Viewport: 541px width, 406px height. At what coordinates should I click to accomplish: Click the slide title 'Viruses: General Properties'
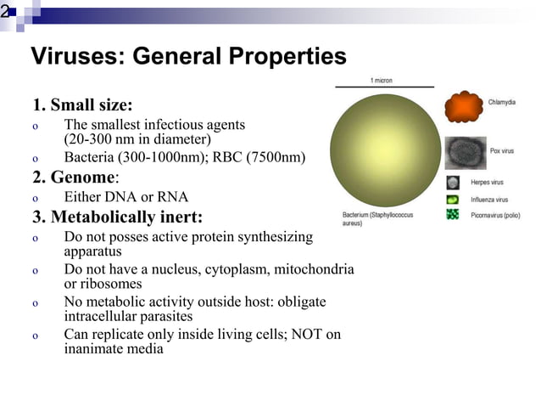pos(188,57)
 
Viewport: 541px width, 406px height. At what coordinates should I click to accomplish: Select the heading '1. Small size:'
pos(82,106)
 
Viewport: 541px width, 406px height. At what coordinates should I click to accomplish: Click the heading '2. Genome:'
pos(75,177)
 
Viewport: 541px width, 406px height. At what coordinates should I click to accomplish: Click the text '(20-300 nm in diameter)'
pos(137,138)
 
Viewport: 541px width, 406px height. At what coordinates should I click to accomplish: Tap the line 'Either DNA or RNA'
pos(125,196)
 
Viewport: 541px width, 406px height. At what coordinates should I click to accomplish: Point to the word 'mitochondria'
pos(314,269)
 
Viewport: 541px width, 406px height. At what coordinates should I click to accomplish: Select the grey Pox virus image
pos(466,153)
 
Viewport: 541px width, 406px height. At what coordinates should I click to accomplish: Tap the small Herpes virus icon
pos(453,183)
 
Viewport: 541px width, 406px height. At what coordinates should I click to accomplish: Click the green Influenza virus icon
pos(453,200)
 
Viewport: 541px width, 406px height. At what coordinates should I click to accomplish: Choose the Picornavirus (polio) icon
pos(453,215)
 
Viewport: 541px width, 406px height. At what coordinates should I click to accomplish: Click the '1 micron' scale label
pos(381,80)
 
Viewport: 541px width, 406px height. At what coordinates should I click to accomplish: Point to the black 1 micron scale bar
pos(384,87)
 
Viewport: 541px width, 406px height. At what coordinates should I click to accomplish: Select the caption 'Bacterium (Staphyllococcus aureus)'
pos(377,219)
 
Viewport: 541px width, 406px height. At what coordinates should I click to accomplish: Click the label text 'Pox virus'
pos(502,150)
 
